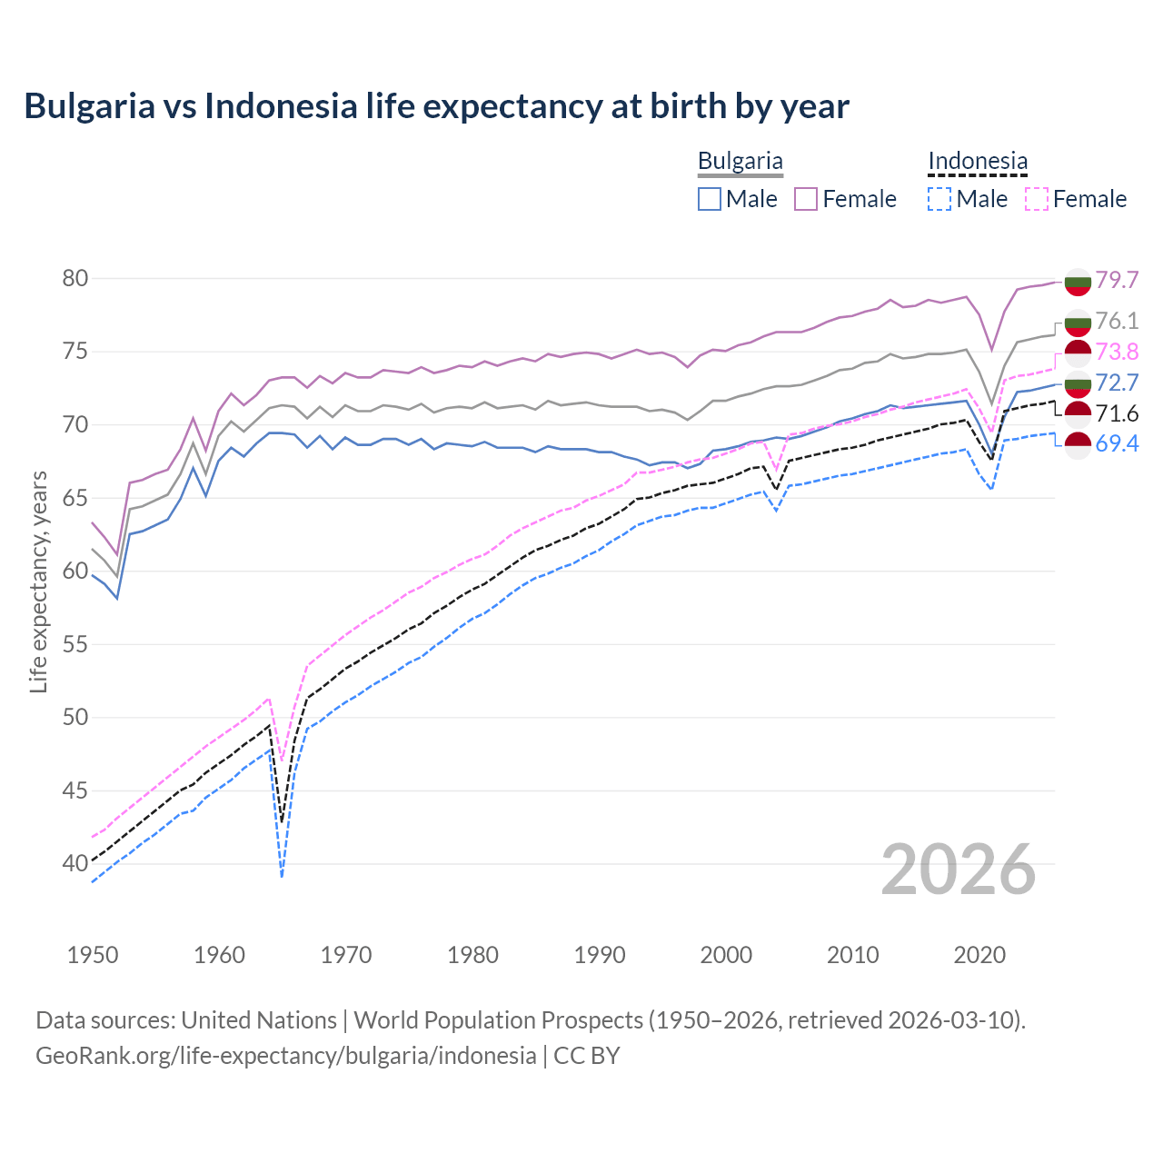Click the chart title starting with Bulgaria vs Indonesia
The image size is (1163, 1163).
[x=436, y=106]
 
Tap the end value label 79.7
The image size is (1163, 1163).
[x=1117, y=280]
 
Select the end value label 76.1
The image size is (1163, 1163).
[x=1117, y=321]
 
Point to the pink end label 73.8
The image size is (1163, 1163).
[x=1117, y=352]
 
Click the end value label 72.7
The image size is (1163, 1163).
[x=1117, y=383]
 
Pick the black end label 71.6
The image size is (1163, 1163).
[x=1117, y=414]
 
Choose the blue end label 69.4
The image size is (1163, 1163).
[x=1117, y=443]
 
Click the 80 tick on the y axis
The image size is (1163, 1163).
[x=75, y=278]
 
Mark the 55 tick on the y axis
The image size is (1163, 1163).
[x=75, y=644]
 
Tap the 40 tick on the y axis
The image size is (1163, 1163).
[x=75, y=863]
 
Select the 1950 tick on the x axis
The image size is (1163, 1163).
[x=93, y=955]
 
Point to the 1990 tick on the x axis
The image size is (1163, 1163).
[x=600, y=955]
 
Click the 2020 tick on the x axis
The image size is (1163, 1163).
[x=979, y=955]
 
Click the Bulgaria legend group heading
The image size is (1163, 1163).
[x=740, y=162]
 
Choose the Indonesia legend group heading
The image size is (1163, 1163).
[x=978, y=162]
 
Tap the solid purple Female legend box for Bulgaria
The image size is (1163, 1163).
[x=806, y=199]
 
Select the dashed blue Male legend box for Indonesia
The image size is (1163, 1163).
[x=940, y=199]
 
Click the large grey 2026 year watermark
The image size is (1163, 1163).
[x=959, y=870]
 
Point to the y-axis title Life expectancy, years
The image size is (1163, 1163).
[x=38, y=581]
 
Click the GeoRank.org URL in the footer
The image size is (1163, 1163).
[x=285, y=1056]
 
